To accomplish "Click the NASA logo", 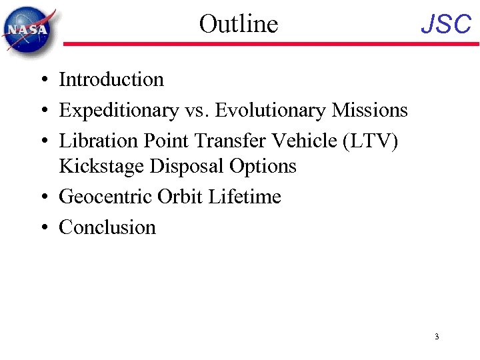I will click(29, 29).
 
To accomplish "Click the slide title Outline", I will click(238, 24).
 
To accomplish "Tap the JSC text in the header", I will click(446, 25).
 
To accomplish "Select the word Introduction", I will click(111, 80).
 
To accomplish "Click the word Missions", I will click(371, 110).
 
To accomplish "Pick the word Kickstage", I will click(101, 166).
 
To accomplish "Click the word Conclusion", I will click(107, 227).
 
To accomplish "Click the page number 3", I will click(436, 337).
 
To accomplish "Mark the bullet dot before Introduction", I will click(42, 81).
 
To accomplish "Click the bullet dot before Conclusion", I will click(42, 228).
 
